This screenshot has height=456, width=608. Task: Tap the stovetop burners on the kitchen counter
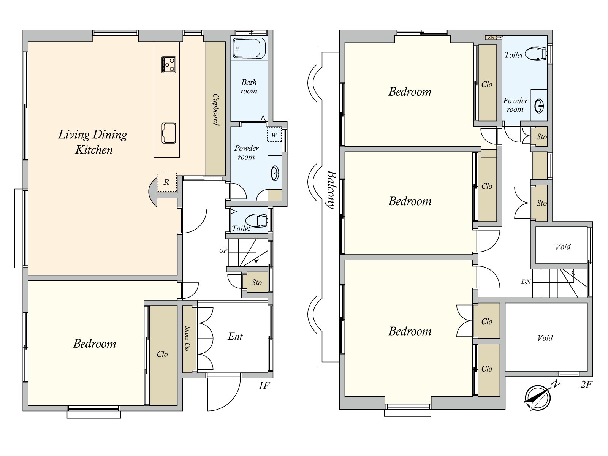coord(168,65)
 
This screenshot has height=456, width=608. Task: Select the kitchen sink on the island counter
coord(169,133)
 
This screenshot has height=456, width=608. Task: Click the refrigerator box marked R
coord(167,182)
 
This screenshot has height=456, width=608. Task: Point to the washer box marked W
coord(274,135)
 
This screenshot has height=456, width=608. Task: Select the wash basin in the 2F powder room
coord(539,106)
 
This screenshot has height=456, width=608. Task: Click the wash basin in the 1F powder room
coord(275,173)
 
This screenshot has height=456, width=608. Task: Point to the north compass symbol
coord(538,397)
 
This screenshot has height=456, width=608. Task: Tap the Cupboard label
coord(216,110)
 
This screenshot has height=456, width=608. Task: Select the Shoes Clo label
coord(187,338)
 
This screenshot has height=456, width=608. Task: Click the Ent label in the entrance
coord(235,336)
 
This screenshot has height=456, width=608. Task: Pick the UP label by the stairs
coord(223,251)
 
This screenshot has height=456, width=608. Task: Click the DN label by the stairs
coord(526,282)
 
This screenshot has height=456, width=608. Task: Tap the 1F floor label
coord(264,385)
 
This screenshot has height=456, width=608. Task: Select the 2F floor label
coord(586,385)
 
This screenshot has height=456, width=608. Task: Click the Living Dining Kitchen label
coord(93,142)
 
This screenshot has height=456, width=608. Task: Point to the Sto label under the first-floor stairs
coord(256,282)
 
